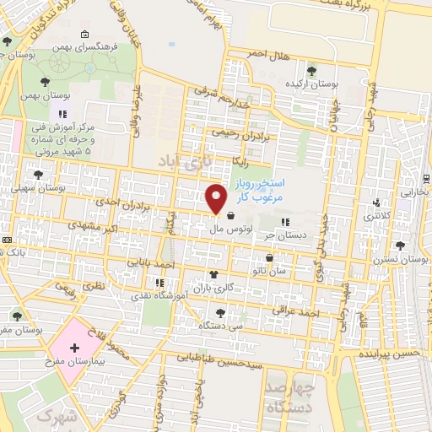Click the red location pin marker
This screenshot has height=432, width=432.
tap(217, 198)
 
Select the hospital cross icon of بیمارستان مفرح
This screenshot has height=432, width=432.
tap(74, 348)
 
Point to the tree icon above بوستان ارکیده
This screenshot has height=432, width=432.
tap(312, 71)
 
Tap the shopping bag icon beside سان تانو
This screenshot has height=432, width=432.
tap(269, 258)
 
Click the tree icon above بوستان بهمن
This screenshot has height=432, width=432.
tap(46, 82)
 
